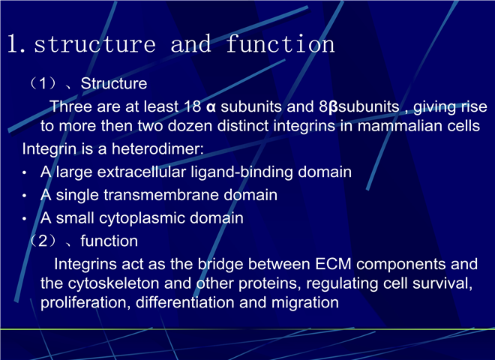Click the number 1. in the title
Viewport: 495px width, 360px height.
click(16, 43)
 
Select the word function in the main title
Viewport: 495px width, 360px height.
click(280, 43)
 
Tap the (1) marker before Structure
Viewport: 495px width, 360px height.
click(43, 83)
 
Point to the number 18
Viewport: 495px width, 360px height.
click(192, 106)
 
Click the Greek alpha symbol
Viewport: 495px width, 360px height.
click(211, 107)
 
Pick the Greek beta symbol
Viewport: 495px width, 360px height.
click(333, 107)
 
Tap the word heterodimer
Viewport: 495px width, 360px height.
click(156, 148)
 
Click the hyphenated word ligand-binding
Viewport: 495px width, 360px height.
click(241, 172)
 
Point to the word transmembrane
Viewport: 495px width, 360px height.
click(161, 195)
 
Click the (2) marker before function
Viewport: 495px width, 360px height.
click(43, 241)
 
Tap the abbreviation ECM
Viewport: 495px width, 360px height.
click(333, 264)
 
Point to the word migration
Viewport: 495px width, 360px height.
click(305, 302)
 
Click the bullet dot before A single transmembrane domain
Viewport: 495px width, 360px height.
click(24, 196)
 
